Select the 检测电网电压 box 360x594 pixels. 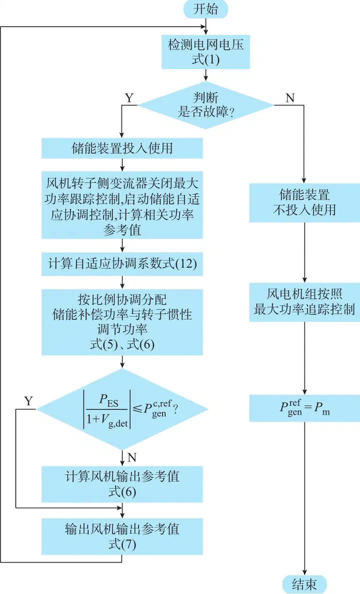click(x=205, y=52)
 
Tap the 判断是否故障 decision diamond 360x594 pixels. click(x=206, y=105)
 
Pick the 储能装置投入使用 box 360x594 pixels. click(x=122, y=148)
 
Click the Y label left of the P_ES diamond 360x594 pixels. click(x=29, y=401)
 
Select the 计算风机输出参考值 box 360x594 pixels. click(x=122, y=484)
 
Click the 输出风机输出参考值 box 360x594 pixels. click(x=122, y=536)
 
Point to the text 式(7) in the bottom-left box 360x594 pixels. click(x=122, y=543)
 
